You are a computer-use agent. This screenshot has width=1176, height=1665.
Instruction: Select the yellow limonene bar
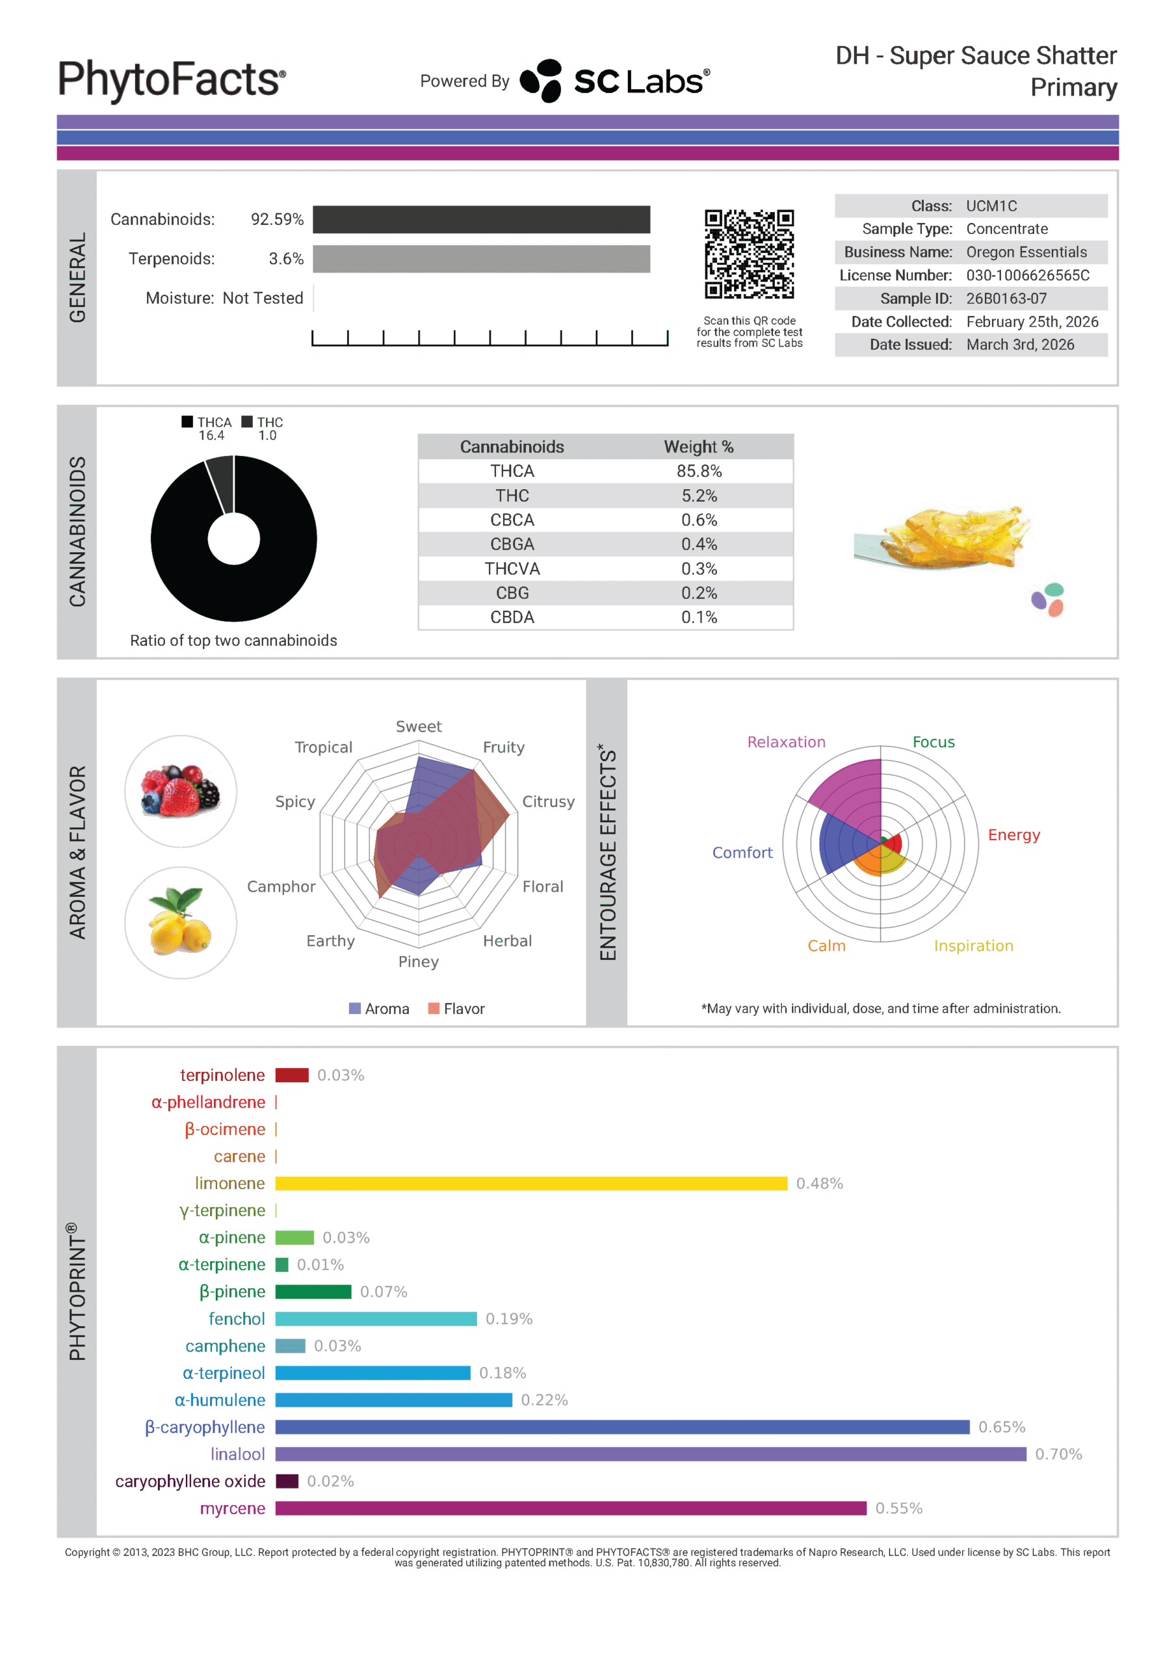pos(530,1184)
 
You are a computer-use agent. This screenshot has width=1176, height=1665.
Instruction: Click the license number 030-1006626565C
pos(1027,276)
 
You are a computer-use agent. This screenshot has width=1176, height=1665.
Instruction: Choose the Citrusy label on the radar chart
pos(548,801)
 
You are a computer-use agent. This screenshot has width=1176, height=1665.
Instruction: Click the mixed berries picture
pos(181,791)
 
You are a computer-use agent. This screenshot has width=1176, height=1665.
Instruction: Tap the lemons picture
pos(181,922)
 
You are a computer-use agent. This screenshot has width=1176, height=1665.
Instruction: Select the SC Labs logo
pos(615,81)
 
